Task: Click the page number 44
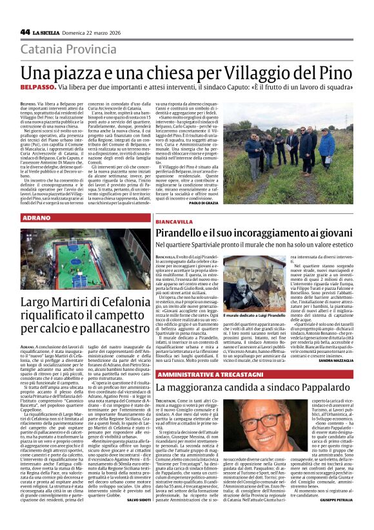coord(25,32)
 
